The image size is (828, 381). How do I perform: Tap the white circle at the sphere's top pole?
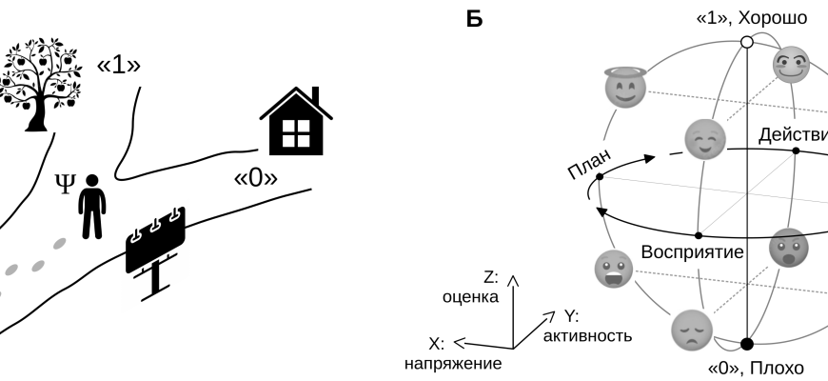click(747, 42)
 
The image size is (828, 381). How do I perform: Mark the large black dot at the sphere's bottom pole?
click(747, 344)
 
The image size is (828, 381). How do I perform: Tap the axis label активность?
click(586, 336)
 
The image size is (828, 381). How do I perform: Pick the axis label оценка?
click(470, 296)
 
